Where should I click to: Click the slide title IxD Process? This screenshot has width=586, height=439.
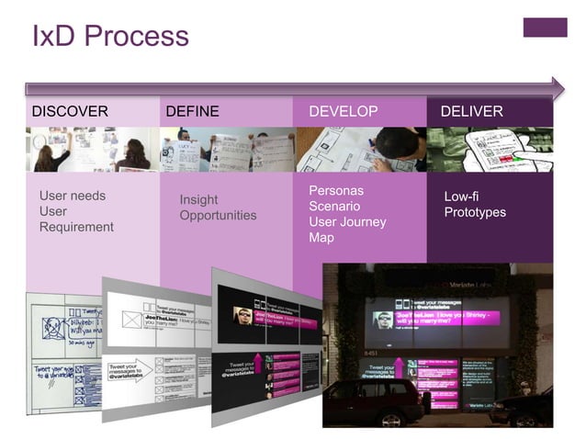(110, 36)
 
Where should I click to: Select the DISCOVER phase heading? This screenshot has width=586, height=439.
(70, 112)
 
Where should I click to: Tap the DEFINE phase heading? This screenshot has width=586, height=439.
(192, 112)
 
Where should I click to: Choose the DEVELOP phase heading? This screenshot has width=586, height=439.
(343, 112)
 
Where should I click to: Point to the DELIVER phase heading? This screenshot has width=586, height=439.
(471, 112)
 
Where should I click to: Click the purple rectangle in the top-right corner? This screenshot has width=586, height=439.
(545, 28)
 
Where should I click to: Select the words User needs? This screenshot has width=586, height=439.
(73, 196)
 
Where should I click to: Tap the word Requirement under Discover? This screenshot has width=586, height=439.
(76, 227)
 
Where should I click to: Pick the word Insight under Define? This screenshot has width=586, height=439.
(198, 200)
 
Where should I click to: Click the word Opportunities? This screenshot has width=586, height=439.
(218, 216)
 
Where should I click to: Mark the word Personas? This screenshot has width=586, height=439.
(336, 190)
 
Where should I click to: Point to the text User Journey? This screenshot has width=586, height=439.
(347, 221)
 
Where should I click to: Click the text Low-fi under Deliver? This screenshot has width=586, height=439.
(461, 197)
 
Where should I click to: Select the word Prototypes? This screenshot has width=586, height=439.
(475, 212)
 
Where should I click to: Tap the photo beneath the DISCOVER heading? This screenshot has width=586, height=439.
(92, 149)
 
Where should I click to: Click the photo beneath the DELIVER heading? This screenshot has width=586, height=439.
(490, 149)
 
